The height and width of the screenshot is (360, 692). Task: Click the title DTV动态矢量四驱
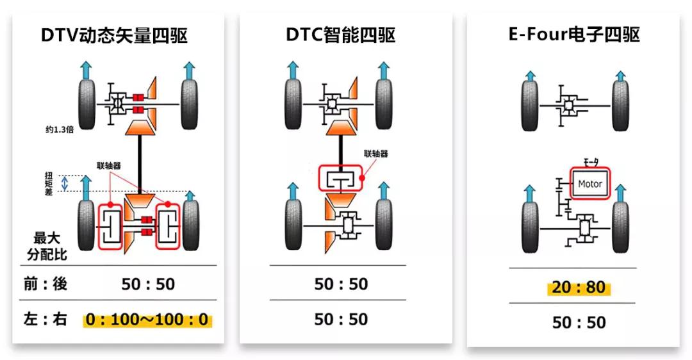pyautogui.click(x=114, y=36)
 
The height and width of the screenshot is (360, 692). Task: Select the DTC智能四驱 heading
pyautogui.click(x=340, y=36)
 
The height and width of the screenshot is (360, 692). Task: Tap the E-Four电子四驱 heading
pyautogui.click(x=574, y=36)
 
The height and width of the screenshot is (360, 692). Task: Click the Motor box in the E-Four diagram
pyautogui.click(x=589, y=184)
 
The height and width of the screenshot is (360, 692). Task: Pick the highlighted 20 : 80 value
pyautogui.click(x=579, y=288)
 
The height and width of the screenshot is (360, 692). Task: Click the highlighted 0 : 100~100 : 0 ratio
pyautogui.click(x=148, y=320)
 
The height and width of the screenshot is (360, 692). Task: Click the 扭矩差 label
pyautogui.click(x=48, y=184)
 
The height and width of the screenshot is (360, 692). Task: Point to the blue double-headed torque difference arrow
pyautogui.click(x=64, y=184)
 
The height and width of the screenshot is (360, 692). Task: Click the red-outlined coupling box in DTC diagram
pyautogui.click(x=340, y=179)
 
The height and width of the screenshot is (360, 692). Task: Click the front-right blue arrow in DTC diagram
pyautogui.click(x=384, y=70)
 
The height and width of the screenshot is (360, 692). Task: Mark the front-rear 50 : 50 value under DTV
pyautogui.click(x=148, y=284)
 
